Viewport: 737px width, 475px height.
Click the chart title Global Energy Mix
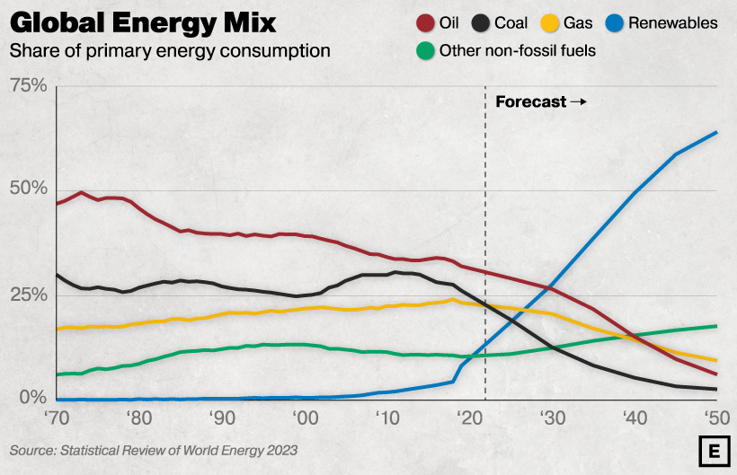[x=143, y=22]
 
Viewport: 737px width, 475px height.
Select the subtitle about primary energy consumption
[x=170, y=50]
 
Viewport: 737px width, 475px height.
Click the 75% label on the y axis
[x=28, y=85]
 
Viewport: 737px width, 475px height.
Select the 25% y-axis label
[x=28, y=295]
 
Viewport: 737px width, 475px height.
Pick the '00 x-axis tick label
[x=306, y=418]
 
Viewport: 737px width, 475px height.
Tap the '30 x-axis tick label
[x=552, y=418]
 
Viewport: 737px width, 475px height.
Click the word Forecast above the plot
[x=531, y=101]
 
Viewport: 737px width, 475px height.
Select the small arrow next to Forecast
[x=578, y=101]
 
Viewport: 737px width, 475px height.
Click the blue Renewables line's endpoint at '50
[x=716, y=133]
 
